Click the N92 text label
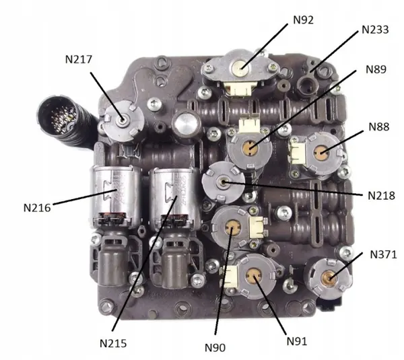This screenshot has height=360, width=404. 304,20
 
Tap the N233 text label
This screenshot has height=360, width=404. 375,30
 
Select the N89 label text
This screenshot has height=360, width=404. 376,69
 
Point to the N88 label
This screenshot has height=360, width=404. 378,127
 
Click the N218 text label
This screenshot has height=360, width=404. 381,196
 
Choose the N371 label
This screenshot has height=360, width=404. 383,254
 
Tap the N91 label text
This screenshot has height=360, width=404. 297,341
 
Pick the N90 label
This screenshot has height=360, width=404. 215,348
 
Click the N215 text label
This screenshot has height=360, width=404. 113,343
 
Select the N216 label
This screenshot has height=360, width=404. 37,208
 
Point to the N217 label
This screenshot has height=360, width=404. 79,59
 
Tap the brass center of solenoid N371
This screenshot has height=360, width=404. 329,278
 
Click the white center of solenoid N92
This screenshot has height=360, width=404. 240,68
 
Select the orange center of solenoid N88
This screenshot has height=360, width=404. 321,153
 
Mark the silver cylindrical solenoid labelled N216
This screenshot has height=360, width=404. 115,196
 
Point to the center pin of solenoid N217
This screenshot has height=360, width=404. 122,120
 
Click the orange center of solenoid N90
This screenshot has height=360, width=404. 233,227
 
